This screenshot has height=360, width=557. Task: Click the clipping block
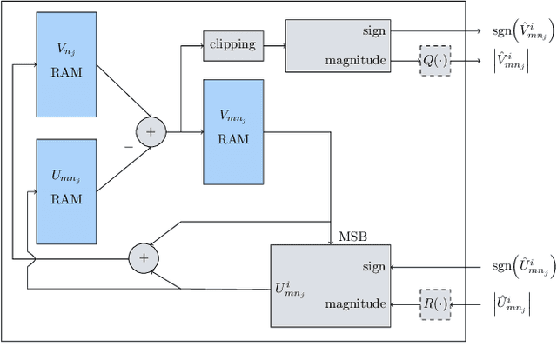point(233,45)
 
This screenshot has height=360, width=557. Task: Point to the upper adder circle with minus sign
point(150,131)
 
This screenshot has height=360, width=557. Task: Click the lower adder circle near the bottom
point(144,257)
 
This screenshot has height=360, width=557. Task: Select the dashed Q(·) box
point(435,61)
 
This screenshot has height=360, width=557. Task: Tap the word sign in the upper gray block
point(372,30)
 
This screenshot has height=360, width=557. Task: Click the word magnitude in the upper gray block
point(355,60)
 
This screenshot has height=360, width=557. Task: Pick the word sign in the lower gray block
point(372,268)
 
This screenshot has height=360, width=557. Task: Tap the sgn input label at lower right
point(520,268)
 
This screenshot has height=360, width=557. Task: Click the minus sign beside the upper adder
point(129,148)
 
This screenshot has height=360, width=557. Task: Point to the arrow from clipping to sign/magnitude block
point(274,45)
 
